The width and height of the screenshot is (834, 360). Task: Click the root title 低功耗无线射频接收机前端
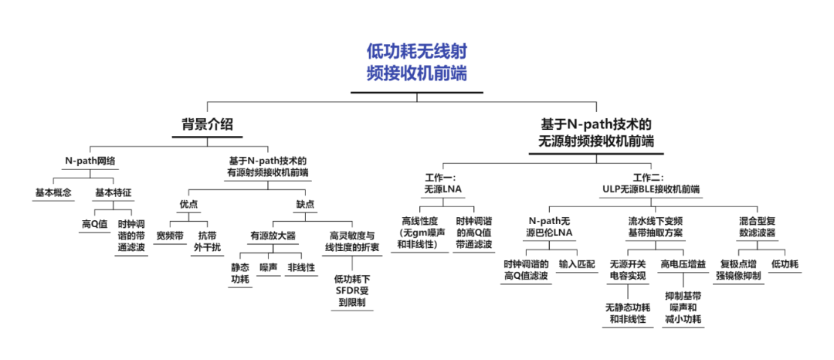(417, 63)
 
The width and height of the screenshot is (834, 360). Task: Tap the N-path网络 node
(90, 161)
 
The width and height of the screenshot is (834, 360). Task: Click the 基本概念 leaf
(53, 192)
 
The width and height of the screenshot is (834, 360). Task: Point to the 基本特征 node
(114, 192)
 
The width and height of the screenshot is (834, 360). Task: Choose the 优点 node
(190, 205)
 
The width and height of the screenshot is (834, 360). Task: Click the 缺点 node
(306, 205)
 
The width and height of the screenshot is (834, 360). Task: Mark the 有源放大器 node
(272, 236)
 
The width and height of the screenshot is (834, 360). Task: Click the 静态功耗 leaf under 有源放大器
(240, 273)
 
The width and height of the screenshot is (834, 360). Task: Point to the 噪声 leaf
(269, 267)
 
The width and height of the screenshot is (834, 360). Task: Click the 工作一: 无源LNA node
(440, 182)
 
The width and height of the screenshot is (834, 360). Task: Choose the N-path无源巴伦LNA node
(551, 226)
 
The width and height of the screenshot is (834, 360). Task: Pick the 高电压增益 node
(683, 264)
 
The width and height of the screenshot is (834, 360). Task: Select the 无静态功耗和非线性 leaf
(626, 313)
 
